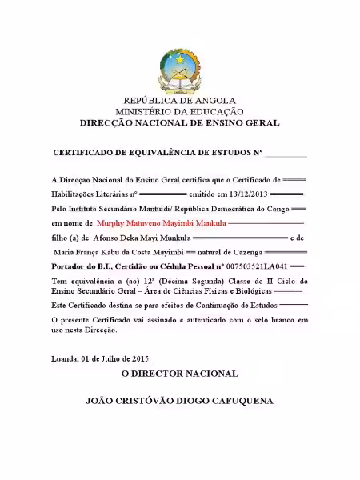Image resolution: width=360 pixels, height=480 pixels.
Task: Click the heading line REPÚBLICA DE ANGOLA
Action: (x=179, y=102)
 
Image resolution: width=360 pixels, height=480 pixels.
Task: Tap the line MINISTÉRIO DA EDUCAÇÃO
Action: (x=179, y=113)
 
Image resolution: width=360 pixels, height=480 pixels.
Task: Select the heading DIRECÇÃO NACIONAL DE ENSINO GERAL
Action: (x=179, y=124)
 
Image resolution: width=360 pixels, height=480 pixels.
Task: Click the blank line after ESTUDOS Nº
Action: (x=286, y=152)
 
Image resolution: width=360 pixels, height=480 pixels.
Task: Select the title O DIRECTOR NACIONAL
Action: (x=179, y=374)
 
